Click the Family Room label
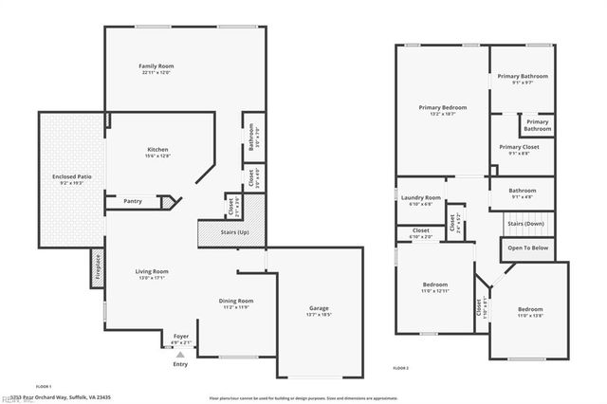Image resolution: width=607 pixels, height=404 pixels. pos(157,66)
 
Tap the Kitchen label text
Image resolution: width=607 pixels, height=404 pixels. pos(157,149)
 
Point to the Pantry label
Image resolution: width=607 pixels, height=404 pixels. pos(133,201)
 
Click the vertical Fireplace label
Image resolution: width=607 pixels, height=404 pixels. pos(96,268)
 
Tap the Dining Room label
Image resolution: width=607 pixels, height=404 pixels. pos(237,301)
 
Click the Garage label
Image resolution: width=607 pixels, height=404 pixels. pos(319,308)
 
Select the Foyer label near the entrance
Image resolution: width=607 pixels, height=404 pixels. pos(180,337)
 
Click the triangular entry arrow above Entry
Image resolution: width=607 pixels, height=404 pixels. pos(180,353)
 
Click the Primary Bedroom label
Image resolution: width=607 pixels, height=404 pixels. pos(443,107)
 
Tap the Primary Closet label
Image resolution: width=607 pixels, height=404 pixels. pos(519,147)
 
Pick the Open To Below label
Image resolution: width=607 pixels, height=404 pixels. pos(527,248)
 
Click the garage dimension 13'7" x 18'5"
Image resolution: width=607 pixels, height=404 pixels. pos(319,314)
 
